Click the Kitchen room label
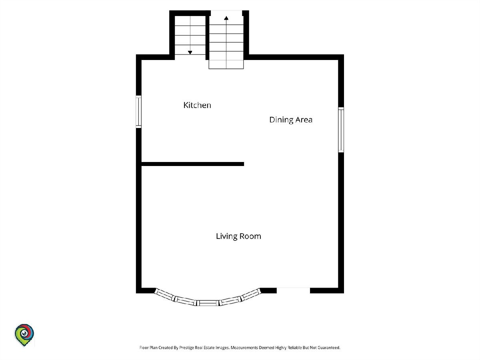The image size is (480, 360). [197, 105]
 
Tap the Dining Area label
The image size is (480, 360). [291, 120]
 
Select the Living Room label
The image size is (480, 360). [238, 236]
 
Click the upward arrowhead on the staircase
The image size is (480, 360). [226, 18]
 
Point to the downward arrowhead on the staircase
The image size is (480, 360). [190, 52]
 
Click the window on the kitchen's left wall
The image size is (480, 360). [138, 112]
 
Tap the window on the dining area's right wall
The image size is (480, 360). [341, 130]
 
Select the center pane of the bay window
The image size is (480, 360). [209, 303]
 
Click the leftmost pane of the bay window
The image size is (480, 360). [164, 294]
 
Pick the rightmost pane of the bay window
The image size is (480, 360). [252, 294]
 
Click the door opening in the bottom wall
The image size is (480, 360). [293, 290]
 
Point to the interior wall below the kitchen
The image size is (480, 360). [193, 164]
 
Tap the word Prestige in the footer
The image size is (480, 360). [186, 348]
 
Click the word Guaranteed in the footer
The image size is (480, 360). [329, 348]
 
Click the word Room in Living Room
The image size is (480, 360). [250, 236]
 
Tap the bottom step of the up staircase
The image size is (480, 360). [226, 64]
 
